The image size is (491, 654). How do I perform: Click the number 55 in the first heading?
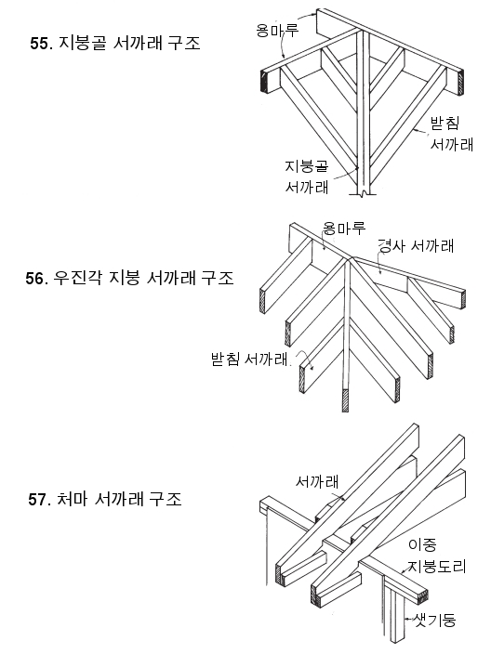[x=38, y=44]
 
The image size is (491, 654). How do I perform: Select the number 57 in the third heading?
[x=37, y=499]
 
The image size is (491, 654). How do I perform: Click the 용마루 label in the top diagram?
[x=277, y=30]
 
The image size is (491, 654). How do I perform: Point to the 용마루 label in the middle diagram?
[x=343, y=228]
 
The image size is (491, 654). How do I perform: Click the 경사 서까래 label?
[x=415, y=245]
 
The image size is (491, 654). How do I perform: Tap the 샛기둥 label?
[x=434, y=621]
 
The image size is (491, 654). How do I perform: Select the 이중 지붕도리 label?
[x=436, y=556]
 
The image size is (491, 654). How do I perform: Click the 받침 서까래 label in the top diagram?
[x=451, y=134]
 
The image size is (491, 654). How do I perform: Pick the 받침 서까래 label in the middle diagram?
[x=249, y=359]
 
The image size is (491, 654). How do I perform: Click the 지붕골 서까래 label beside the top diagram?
[x=307, y=177]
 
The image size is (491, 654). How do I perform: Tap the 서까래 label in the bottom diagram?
[x=317, y=481]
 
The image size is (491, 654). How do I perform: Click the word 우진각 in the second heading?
[x=77, y=278]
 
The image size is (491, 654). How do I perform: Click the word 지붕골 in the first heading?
[x=82, y=43]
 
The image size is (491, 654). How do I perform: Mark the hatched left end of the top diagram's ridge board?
[x=264, y=81]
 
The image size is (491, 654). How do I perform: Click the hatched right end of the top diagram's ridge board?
[x=461, y=84]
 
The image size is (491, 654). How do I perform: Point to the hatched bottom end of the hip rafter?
[x=345, y=400]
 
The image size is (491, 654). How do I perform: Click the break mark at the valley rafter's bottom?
[x=364, y=193]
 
